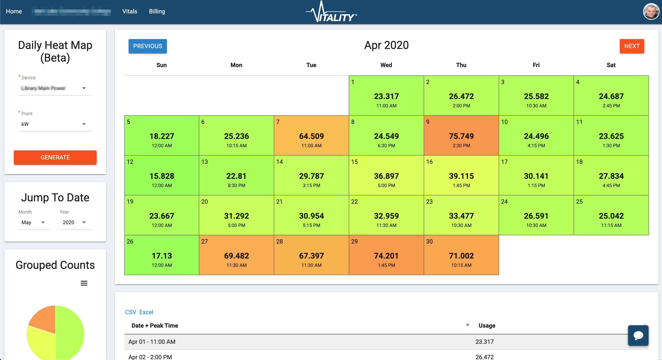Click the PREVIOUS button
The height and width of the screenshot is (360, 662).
tap(148, 46)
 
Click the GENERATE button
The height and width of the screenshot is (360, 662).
tap(55, 157)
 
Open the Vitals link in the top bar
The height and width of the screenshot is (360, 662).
tap(130, 11)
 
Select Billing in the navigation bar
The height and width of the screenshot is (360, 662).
tap(157, 11)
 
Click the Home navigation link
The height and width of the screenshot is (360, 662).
tap(14, 11)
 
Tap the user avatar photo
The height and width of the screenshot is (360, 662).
tap(651, 11)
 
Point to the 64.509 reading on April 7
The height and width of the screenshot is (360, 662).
tap(311, 136)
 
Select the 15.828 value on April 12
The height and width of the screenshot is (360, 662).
tap(162, 176)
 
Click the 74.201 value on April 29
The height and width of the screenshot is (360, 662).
tap(386, 256)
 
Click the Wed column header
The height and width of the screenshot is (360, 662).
tap(386, 65)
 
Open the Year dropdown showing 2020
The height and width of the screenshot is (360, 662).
tap(75, 222)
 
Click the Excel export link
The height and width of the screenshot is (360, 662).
tap(146, 312)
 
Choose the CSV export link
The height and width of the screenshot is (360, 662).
tap(131, 312)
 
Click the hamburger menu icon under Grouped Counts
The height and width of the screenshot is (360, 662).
tap(84, 283)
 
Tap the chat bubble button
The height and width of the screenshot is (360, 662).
tap(638, 335)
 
